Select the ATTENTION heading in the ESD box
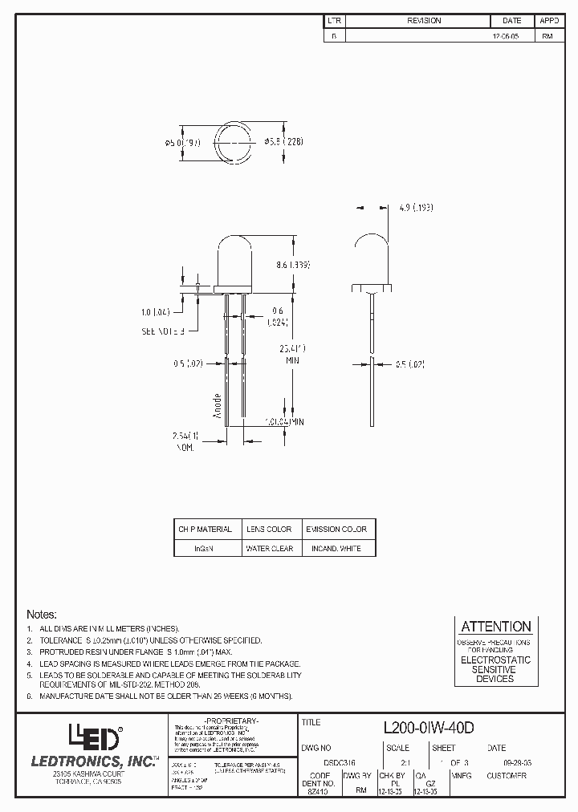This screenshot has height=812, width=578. [x=495, y=627]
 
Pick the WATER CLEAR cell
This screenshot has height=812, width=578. [x=269, y=549]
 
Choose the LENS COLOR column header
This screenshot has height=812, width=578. [x=269, y=530]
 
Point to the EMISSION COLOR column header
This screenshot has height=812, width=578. [x=336, y=530]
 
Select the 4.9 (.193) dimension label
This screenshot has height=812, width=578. [x=416, y=207]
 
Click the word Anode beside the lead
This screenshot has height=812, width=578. [x=217, y=406]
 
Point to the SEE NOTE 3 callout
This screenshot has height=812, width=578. [x=163, y=331]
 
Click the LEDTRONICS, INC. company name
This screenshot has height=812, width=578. [x=95, y=761]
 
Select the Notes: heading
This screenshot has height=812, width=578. [x=42, y=613]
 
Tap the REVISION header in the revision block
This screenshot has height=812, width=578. [x=424, y=21]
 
